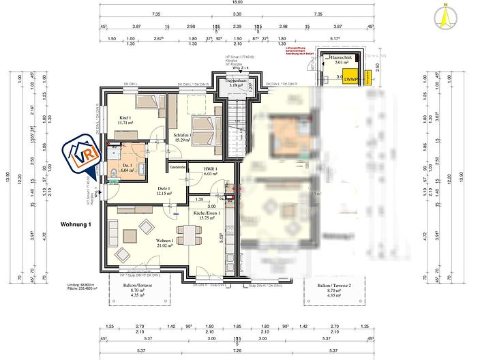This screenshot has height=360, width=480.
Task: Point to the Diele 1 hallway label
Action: [164, 191]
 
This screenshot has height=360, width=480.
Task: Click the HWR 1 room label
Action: [209, 171]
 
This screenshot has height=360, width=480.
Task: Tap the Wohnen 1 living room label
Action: [164, 243]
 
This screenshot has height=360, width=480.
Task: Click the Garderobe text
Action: [179, 166]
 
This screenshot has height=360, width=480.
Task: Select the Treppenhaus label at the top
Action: [237, 83]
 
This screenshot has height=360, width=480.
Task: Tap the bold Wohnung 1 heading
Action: [75, 224]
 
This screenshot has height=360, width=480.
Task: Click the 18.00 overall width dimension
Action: [237, 3]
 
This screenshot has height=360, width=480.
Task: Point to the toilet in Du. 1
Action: [110, 172]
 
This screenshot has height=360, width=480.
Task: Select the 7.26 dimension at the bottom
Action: [237, 351]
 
